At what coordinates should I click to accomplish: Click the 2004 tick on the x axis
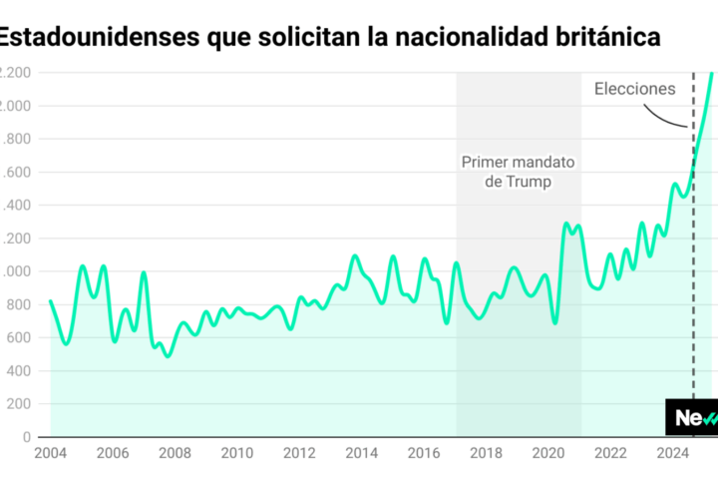(50, 453)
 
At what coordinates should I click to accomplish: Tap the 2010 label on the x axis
(236, 453)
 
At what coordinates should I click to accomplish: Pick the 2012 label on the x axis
(299, 453)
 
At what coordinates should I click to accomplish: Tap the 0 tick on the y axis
(27, 437)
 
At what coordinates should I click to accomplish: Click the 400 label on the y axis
(18, 371)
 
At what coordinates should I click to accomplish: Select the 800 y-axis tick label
(18, 304)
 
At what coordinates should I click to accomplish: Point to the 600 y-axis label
(18, 337)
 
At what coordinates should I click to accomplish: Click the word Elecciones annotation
(634, 89)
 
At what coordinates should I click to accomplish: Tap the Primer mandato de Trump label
(519, 173)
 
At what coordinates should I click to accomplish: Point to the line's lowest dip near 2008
(167, 355)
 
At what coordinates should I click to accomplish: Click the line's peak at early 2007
(144, 272)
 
